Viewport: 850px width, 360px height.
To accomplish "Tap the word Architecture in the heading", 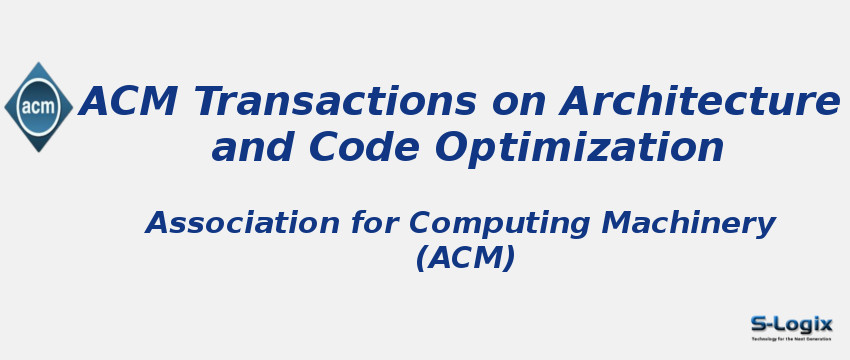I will [700, 102].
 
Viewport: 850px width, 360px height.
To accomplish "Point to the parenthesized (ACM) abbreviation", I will [466, 258].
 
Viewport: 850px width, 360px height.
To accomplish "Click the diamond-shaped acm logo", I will [38, 107].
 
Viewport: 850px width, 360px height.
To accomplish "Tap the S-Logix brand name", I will [791, 324].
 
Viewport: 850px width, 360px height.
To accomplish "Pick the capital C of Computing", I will [420, 223].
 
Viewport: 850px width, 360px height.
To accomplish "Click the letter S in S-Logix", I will [759, 324].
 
